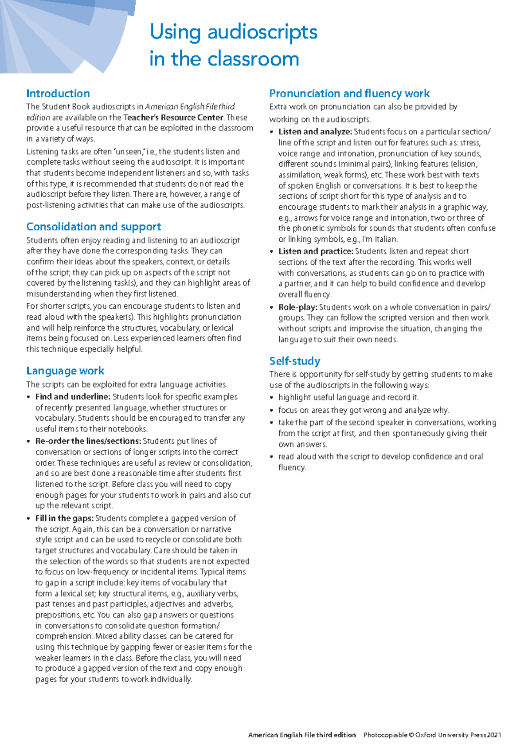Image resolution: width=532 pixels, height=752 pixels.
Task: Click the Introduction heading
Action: tap(58, 94)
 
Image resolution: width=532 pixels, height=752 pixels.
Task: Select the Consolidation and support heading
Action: tap(94, 227)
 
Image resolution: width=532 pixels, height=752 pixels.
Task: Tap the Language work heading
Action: tap(65, 371)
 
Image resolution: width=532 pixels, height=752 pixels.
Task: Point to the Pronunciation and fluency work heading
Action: tap(349, 94)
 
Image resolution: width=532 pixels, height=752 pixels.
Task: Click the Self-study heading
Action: tap(295, 361)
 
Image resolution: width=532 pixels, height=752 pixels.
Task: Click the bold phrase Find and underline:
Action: tap(73, 397)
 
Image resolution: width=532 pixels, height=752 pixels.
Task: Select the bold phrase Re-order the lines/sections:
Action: tap(88, 441)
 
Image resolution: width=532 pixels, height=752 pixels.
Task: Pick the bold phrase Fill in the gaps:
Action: tap(64, 518)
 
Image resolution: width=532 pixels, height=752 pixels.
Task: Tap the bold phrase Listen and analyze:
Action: tap(315, 132)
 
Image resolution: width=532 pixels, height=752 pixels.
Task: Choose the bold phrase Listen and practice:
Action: tap(316, 251)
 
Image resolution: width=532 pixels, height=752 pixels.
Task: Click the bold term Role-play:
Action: tap(297, 307)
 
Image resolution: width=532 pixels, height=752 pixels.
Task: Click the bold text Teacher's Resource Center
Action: tap(173, 117)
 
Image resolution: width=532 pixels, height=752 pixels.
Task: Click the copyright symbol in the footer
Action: tap(411, 735)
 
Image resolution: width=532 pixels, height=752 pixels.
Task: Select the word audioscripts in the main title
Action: tap(262, 32)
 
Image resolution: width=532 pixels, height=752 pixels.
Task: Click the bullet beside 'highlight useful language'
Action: tap(272, 398)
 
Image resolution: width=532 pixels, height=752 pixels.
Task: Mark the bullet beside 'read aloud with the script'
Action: tap(272, 457)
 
